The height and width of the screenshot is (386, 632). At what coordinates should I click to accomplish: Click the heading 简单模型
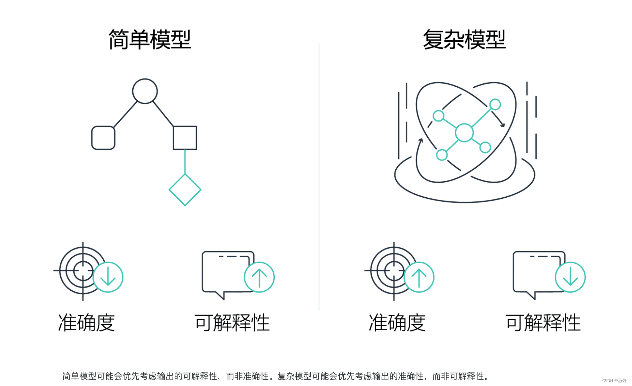click(150, 40)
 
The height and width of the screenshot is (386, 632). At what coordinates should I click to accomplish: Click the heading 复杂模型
click(464, 40)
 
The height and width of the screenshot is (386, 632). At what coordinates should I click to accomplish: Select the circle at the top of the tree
click(145, 91)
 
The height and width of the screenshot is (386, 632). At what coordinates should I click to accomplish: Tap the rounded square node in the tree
click(103, 138)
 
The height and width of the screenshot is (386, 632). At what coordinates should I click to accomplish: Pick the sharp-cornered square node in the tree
click(185, 138)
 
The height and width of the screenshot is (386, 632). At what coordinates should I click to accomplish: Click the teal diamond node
click(185, 190)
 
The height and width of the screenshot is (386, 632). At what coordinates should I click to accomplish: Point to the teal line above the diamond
click(185, 162)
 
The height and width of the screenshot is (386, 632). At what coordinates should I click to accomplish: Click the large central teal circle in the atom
click(464, 133)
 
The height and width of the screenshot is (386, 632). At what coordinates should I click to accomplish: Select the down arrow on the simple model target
click(108, 277)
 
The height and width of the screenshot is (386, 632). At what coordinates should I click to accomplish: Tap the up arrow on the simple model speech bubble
click(259, 277)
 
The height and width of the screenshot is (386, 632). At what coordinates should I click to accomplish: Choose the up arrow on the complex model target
click(419, 277)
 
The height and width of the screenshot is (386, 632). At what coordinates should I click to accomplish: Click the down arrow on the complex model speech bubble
click(570, 277)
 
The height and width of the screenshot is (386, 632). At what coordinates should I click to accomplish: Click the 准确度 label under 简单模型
click(86, 322)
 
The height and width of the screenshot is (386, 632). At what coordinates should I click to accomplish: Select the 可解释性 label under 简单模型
click(232, 322)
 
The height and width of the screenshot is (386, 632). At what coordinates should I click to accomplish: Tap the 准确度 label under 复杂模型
click(397, 322)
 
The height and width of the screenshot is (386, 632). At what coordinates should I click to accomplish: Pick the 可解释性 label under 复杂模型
click(543, 322)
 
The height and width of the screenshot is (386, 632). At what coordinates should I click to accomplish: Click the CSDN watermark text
click(614, 381)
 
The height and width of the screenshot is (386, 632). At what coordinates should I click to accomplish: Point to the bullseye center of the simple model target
click(83, 271)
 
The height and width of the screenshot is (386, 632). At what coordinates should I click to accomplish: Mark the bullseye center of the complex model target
click(394, 271)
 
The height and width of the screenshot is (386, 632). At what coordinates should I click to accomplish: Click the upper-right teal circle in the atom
click(495, 105)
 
